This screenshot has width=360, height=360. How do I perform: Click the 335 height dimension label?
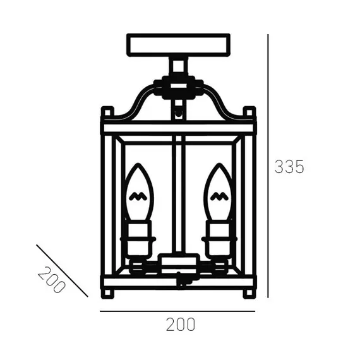[x=289, y=167]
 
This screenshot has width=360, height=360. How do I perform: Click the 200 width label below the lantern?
[x=181, y=325]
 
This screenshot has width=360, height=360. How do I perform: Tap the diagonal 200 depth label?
[x=51, y=280]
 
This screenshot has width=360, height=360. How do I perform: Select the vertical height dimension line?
[x=268, y=166]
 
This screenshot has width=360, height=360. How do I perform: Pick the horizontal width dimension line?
[x=177, y=311]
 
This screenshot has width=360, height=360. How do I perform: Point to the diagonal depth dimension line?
[x=62, y=271]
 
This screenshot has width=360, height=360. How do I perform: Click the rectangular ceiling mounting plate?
[x=178, y=45]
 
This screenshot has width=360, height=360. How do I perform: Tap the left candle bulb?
[x=139, y=192]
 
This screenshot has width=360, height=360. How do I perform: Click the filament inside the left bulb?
[x=138, y=196]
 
